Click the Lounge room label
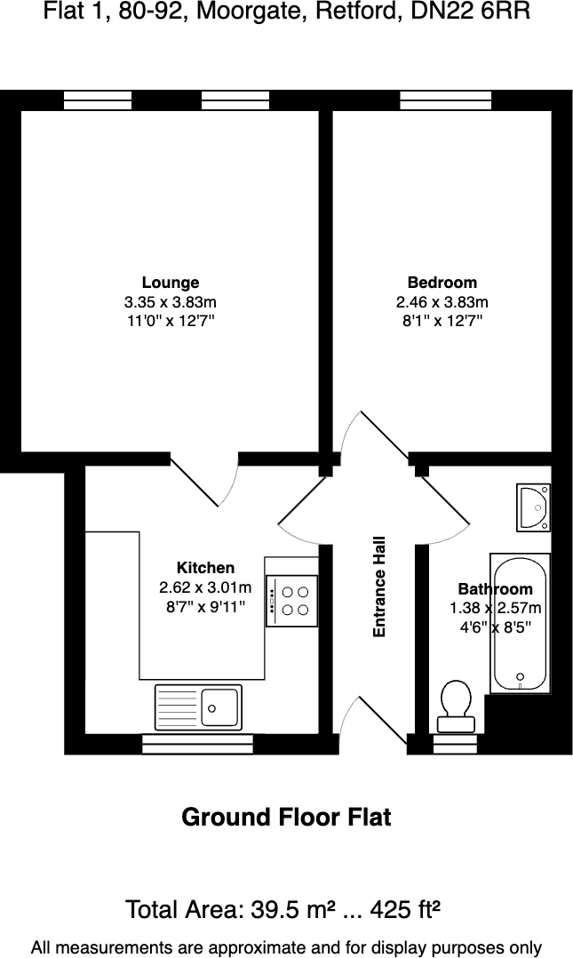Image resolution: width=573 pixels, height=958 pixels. click(x=171, y=283)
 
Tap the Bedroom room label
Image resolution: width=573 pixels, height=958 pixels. click(x=442, y=283)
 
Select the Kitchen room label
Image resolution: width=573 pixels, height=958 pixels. click(x=205, y=568)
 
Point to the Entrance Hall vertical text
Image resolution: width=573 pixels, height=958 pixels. click(x=379, y=587)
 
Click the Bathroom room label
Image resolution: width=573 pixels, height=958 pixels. click(x=495, y=589)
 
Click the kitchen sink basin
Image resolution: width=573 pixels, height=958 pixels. click(x=219, y=707)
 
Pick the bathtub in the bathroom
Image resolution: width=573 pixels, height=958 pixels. click(x=519, y=622)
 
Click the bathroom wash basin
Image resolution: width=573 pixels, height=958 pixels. click(x=534, y=507)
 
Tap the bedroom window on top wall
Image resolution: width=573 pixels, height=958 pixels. click(x=446, y=100)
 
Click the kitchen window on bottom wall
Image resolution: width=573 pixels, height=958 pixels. click(x=197, y=744)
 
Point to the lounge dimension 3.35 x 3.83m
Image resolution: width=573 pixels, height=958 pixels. click(x=171, y=302)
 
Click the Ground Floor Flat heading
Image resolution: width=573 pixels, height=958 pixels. click(x=286, y=817)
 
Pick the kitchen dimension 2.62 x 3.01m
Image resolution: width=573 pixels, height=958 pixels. click(x=204, y=587)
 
